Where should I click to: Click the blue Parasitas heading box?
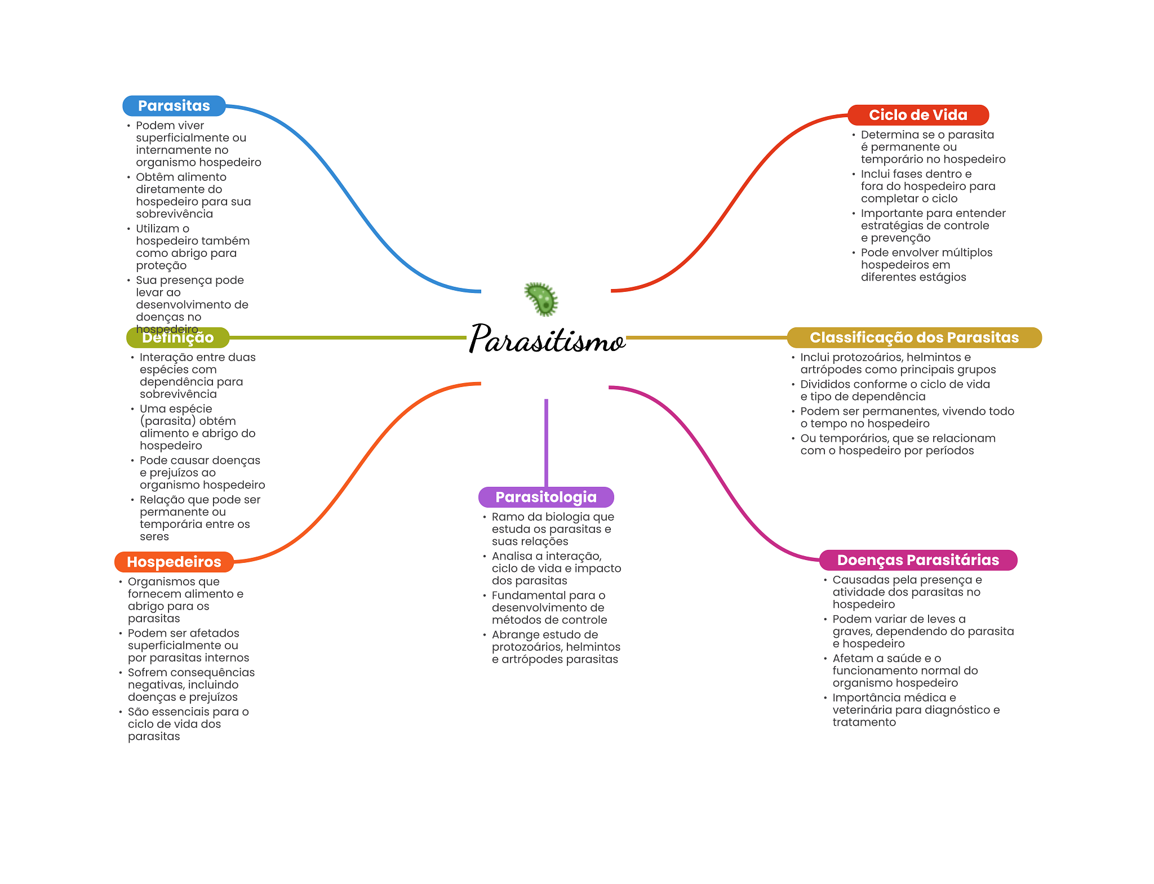coord(174,106)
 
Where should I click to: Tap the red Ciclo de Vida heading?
coord(918,115)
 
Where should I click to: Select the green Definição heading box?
coord(178,337)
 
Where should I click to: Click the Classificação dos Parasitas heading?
coord(914,337)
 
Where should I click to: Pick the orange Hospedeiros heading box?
coord(174,562)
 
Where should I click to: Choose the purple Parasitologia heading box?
coord(546,497)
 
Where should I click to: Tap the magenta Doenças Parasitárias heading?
coord(918,560)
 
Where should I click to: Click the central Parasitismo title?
coord(547,339)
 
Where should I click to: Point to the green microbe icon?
coord(542,299)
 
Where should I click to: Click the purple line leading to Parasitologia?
coord(546,443)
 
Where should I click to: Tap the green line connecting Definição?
coord(348,337)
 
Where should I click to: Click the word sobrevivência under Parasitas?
coord(175,214)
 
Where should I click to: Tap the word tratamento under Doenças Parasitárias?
coord(864,722)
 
